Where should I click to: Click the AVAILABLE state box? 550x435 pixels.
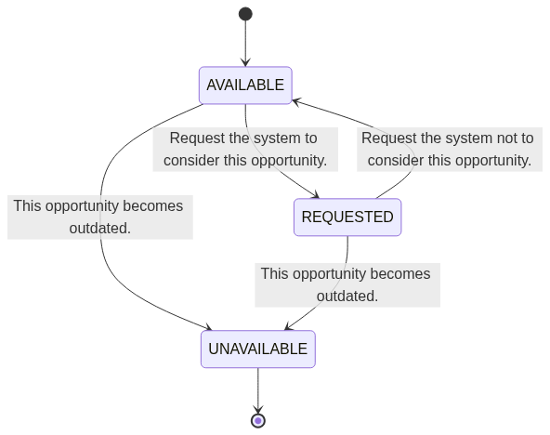pyautogui.click(x=245, y=86)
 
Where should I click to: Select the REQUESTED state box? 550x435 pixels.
pyautogui.click(x=347, y=217)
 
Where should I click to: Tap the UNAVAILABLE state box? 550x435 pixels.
pyautogui.click(x=258, y=349)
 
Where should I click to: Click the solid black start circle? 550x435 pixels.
pyautogui.click(x=245, y=14)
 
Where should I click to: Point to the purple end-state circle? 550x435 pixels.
pyautogui.click(x=258, y=421)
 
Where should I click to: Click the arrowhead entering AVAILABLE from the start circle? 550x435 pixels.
pyautogui.click(x=245, y=62)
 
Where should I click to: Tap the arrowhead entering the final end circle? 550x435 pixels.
pyautogui.click(x=258, y=410)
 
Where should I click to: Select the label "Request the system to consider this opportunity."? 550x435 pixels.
pyautogui.click(x=245, y=149)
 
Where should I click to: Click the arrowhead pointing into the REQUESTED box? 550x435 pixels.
pyautogui.click(x=316, y=195)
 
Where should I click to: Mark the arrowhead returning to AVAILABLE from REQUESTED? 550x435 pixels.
pyautogui.click(x=296, y=101)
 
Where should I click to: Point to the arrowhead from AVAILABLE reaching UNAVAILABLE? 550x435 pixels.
pyautogui.click(x=208, y=328)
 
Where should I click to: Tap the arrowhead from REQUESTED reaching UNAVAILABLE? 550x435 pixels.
pyautogui.click(x=288, y=327)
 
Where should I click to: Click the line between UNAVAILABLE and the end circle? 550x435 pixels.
pyautogui.click(x=258, y=390)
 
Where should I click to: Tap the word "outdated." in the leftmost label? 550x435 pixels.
pyautogui.click(x=100, y=229)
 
